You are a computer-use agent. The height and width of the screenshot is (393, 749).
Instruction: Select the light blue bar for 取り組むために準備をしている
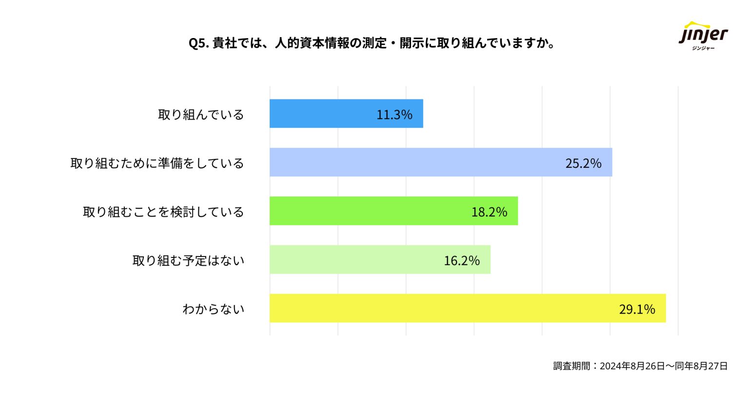pyautogui.click(x=414, y=162)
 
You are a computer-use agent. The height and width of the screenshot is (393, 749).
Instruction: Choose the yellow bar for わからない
pyautogui.click(x=439, y=308)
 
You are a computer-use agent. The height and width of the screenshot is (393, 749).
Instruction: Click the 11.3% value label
pyautogui.click(x=394, y=115)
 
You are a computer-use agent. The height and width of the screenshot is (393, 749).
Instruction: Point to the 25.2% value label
pyautogui.click(x=583, y=163)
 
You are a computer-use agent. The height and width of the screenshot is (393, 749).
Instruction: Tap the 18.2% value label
pyautogui.click(x=489, y=212)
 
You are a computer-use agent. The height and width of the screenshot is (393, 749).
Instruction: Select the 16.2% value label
pyautogui.click(x=461, y=260)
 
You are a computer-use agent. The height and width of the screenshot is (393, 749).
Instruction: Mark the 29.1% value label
pyautogui.click(x=637, y=309)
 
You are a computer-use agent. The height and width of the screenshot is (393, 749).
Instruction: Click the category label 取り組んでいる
pyautogui.click(x=201, y=115)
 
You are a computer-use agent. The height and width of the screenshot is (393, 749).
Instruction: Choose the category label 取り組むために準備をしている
pyautogui.click(x=157, y=163)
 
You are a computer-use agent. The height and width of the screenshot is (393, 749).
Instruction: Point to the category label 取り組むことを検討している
pyautogui.click(x=163, y=212)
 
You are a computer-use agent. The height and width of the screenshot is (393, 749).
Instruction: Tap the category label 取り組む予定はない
pyautogui.click(x=188, y=261)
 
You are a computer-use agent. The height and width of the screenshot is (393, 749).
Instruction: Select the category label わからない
pyautogui.click(x=213, y=309)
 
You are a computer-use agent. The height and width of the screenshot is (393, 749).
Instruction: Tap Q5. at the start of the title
pyautogui.click(x=198, y=43)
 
